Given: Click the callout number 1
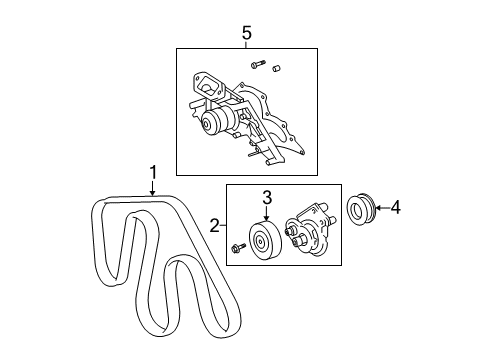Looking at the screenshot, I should (153, 172).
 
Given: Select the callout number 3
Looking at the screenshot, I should (267, 197).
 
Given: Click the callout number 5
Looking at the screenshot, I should (247, 33).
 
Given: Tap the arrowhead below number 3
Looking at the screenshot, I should (267, 219).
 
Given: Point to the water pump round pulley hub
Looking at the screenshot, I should (213, 123).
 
